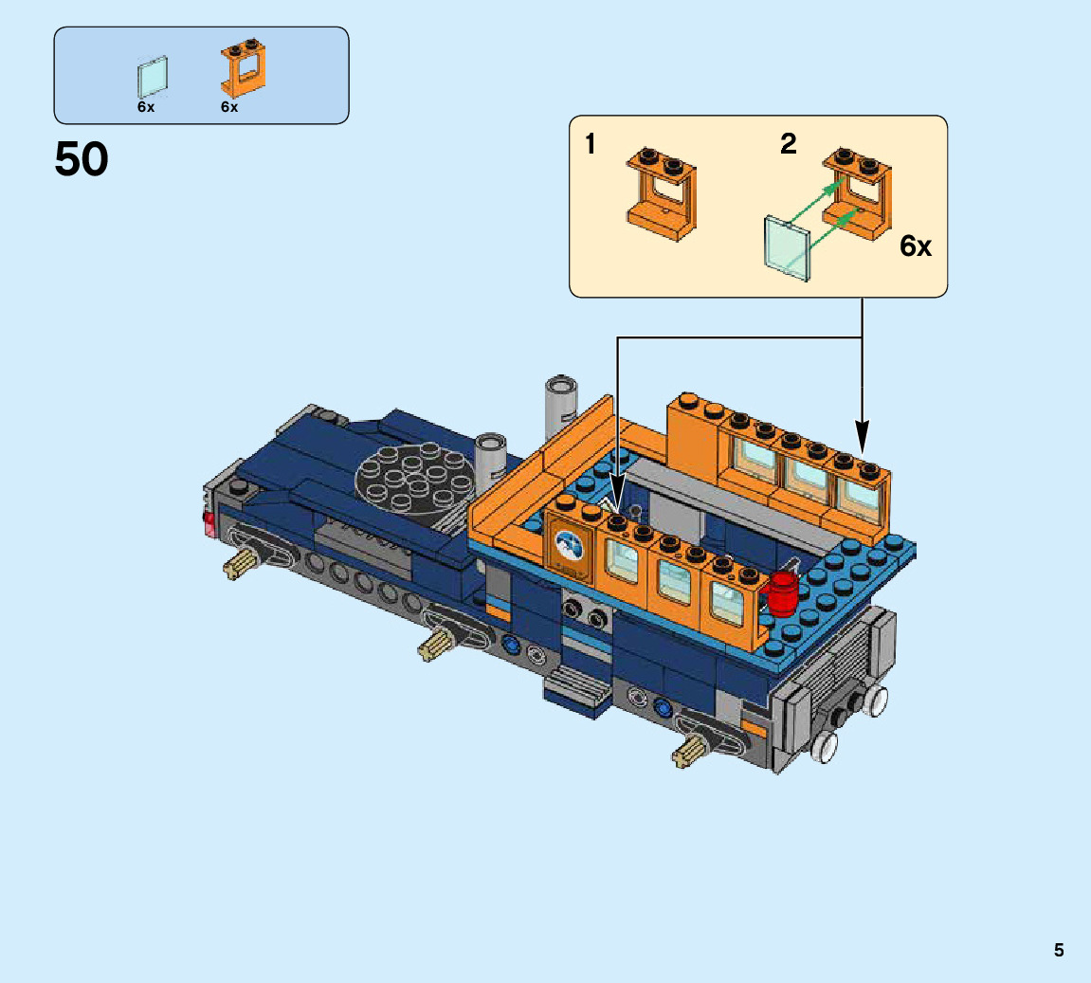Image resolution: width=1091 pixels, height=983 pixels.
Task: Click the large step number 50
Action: click(82, 159)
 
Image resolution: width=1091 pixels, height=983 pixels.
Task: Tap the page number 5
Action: click(1058, 950)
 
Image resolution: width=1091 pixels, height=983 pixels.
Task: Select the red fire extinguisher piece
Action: click(781, 594)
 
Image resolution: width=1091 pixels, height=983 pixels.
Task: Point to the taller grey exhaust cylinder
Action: click(560, 410)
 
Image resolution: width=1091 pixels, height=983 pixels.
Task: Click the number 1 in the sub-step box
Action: click(590, 144)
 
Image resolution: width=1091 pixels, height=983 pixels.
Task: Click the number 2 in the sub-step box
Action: click(788, 144)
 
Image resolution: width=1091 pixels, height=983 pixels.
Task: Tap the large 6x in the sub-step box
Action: click(915, 246)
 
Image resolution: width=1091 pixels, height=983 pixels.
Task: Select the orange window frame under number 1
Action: click(661, 194)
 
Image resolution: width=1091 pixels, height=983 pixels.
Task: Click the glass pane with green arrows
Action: click(787, 247)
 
